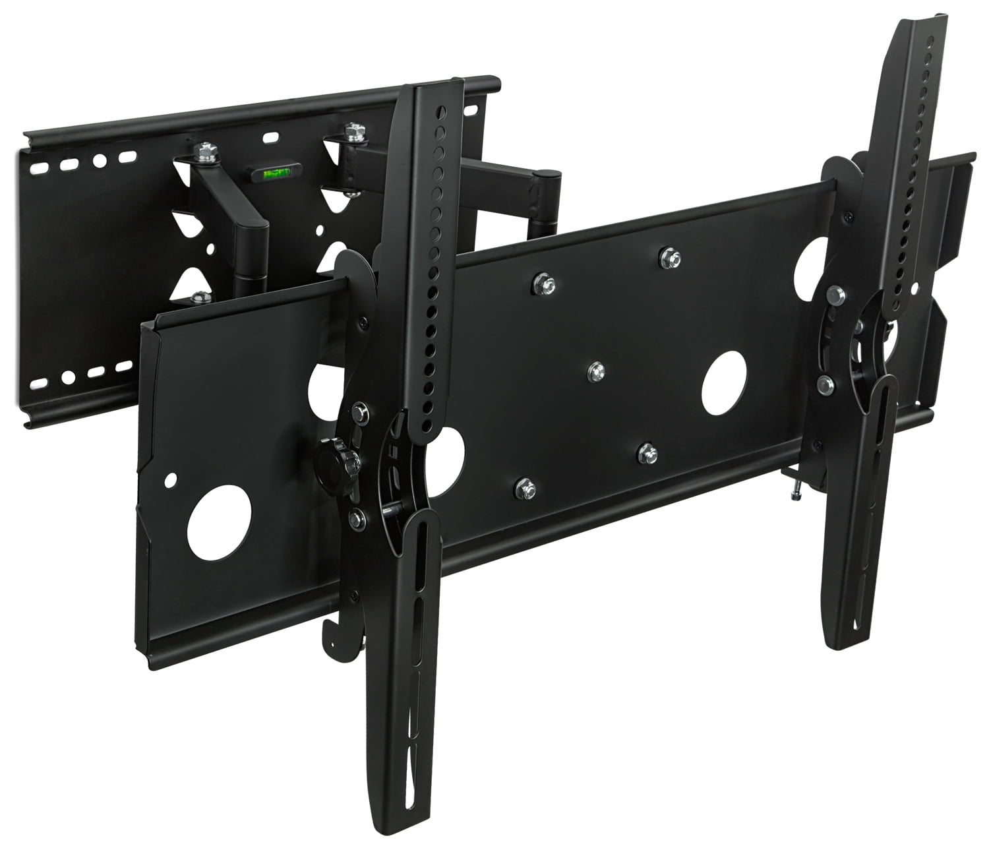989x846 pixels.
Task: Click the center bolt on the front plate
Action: pyautogui.click(x=596, y=370)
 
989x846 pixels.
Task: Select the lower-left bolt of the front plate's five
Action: pyautogui.click(x=525, y=489)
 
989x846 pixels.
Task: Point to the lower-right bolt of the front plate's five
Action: pyautogui.click(x=648, y=452)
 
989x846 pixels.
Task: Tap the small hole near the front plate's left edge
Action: pyautogui.click(x=173, y=477)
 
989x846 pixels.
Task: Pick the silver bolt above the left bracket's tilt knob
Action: pyautogui.click(x=359, y=413)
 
